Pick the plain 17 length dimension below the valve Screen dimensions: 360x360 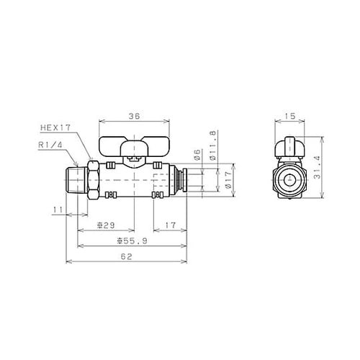[x=167, y=226]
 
